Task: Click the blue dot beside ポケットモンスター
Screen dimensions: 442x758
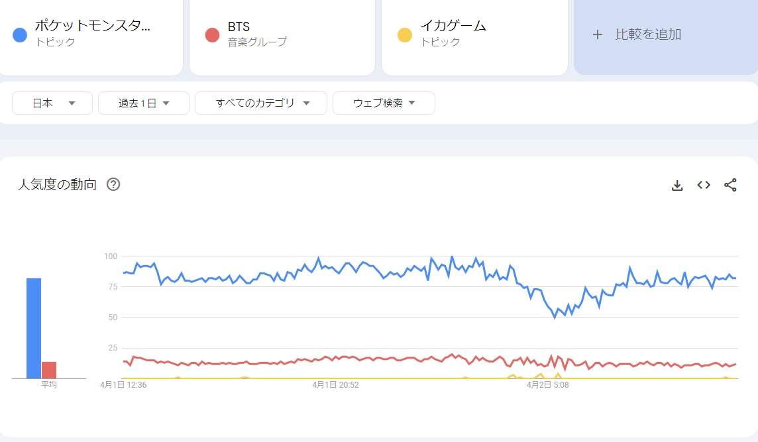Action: pyautogui.click(x=20, y=34)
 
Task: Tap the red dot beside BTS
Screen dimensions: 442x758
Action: pyautogui.click(x=212, y=34)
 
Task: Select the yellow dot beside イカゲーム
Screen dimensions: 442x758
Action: pyautogui.click(x=404, y=34)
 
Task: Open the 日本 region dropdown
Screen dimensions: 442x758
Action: pyautogui.click(x=52, y=103)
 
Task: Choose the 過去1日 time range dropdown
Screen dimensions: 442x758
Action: pyautogui.click(x=144, y=103)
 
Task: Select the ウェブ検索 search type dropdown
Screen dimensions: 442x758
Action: pyautogui.click(x=384, y=103)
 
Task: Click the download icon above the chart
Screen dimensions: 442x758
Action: pyautogui.click(x=677, y=186)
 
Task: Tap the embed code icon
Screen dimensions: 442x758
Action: pyautogui.click(x=704, y=186)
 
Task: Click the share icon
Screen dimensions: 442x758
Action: pyautogui.click(x=730, y=186)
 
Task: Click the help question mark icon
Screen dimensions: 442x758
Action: pyautogui.click(x=113, y=185)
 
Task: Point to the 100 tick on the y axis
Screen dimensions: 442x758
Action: pyautogui.click(x=110, y=256)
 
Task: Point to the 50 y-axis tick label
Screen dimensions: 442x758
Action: pyautogui.click(x=112, y=317)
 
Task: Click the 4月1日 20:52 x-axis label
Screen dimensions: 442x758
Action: pyautogui.click(x=335, y=384)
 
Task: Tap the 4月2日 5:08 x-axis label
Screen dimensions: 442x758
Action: pyautogui.click(x=547, y=384)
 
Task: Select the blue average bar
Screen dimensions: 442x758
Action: pyautogui.click(x=34, y=328)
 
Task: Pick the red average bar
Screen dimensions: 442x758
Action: pyautogui.click(x=49, y=370)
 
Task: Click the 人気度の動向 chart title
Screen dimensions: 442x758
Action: pyautogui.click(x=57, y=185)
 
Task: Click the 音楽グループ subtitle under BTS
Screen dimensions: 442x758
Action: pyautogui.click(x=257, y=42)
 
